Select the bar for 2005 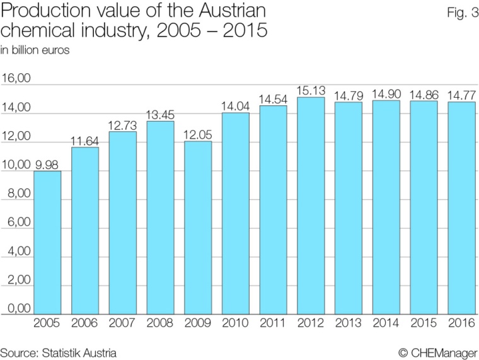click(47, 243)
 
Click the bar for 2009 click(198, 228)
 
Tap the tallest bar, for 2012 click(311, 206)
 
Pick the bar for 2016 click(461, 208)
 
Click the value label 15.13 click(311, 90)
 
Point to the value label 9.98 click(47, 165)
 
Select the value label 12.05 click(198, 134)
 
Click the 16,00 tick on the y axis click(16, 79)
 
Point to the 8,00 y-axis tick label click(16, 194)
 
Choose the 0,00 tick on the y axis click(16, 309)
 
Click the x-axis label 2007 click(122, 323)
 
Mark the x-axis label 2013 click(349, 323)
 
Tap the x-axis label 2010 click(236, 323)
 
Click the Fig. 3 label click(458, 13)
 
